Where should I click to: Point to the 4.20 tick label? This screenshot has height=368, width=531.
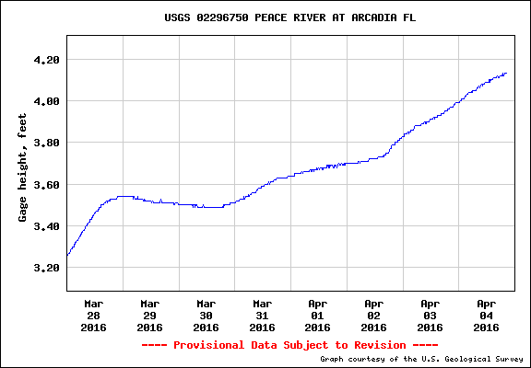(x=45, y=60)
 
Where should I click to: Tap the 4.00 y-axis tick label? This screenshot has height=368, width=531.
(x=45, y=101)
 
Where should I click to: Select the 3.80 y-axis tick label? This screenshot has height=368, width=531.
(x=45, y=143)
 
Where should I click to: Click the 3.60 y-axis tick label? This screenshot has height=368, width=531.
(x=45, y=185)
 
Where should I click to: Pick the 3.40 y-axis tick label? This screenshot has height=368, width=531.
(x=45, y=226)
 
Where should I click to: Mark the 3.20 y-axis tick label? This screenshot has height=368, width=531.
(x=45, y=268)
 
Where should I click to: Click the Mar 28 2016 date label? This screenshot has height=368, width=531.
(x=94, y=315)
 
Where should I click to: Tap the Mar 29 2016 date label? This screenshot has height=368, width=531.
(x=150, y=315)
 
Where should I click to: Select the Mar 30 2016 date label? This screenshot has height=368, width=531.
(x=206, y=315)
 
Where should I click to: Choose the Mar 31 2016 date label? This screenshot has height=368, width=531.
(x=262, y=315)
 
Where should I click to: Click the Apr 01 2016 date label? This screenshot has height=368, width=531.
(x=318, y=315)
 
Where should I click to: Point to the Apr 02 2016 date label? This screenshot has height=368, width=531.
(x=373, y=315)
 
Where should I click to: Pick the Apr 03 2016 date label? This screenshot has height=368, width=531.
(x=430, y=315)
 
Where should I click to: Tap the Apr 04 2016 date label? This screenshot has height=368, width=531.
(x=486, y=315)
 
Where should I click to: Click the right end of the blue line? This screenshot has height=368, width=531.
(x=506, y=74)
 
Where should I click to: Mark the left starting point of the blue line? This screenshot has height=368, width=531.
(x=67, y=255)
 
